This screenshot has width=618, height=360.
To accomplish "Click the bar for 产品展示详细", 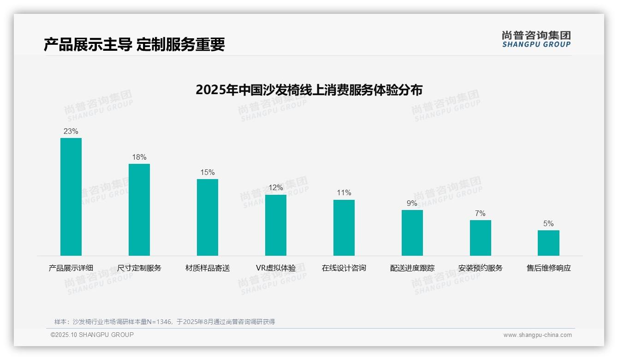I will tap(71, 197).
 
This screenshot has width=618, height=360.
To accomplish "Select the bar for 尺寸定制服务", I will tap(139, 210).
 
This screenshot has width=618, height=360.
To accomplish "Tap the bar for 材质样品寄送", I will tap(208, 217).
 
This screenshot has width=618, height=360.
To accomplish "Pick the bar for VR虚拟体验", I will tap(276, 225).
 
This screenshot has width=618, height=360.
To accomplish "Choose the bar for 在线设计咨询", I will tap(344, 228).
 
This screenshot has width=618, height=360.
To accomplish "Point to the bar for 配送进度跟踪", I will tap(412, 233).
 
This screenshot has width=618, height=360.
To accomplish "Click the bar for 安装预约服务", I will tap(481, 238).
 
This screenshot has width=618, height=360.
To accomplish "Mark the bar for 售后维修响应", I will tap(548, 243).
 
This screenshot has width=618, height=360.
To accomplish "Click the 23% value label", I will tap(71, 132).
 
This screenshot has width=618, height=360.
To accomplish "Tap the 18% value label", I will tap(139, 157).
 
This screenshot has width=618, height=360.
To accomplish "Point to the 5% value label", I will tap(548, 224).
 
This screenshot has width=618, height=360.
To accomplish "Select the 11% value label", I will tap(344, 193).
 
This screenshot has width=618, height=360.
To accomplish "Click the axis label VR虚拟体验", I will tap(276, 268).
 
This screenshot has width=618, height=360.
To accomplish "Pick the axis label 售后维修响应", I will tap(549, 268).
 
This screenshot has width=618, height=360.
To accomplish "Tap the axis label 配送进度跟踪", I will tap(412, 268).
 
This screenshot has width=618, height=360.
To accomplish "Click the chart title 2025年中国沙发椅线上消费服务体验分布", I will tap(309, 90).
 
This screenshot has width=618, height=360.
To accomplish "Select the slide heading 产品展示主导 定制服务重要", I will tap(134, 44).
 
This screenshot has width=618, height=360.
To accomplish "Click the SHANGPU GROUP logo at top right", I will tap(536, 39).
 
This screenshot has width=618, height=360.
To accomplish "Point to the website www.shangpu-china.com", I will tap(537, 335).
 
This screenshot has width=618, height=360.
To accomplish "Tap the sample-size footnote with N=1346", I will tap(165, 322).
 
